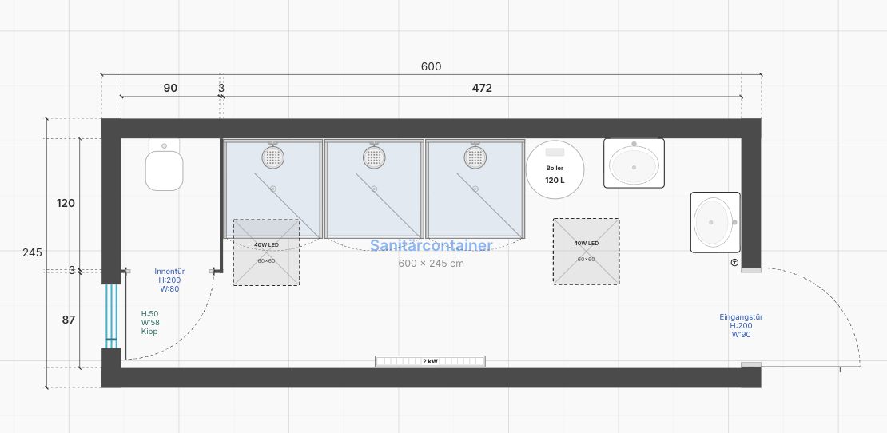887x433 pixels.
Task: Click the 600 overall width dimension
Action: [431, 66]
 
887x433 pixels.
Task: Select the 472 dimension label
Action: [482, 88]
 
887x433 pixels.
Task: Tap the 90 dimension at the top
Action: [170, 88]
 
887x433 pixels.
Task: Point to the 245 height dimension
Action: [32, 252]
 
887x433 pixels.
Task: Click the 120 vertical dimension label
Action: [66, 203]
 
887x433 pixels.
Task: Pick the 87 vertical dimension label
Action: [69, 320]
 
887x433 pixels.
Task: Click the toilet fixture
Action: [164, 165]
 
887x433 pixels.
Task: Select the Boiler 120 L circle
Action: [555, 169]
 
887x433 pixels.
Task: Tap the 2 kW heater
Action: [430, 361]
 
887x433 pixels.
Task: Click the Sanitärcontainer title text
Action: [431, 246]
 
